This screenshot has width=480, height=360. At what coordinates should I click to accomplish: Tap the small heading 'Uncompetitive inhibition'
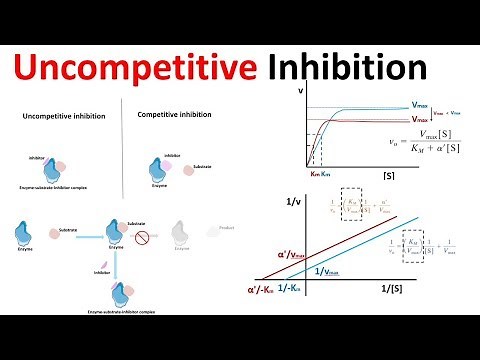click(62, 117)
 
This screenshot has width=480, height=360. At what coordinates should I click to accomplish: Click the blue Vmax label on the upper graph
click(425, 103)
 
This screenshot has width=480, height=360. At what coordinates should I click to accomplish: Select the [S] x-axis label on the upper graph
click(388, 175)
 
